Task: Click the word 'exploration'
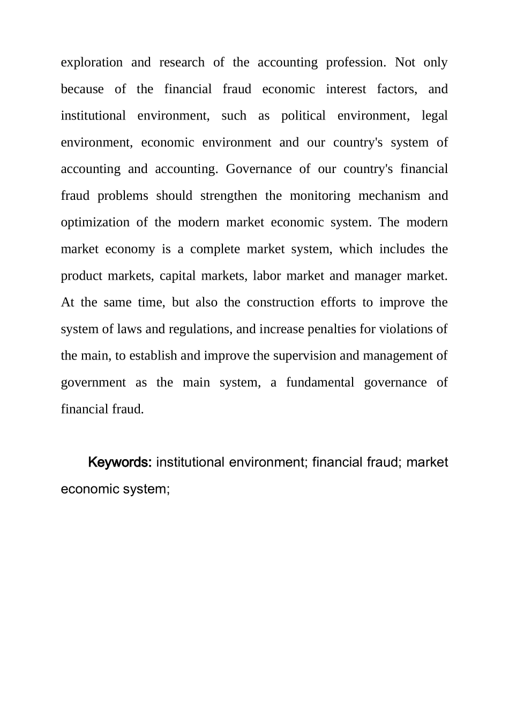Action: click(92, 63)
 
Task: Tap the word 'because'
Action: click(82, 89)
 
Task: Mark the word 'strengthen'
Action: click(229, 196)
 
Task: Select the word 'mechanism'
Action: click(390, 196)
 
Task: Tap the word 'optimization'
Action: click(95, 223)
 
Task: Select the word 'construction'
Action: click(280, 303)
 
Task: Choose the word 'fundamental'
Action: click(320, 383)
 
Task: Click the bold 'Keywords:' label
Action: click(120, 462)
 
